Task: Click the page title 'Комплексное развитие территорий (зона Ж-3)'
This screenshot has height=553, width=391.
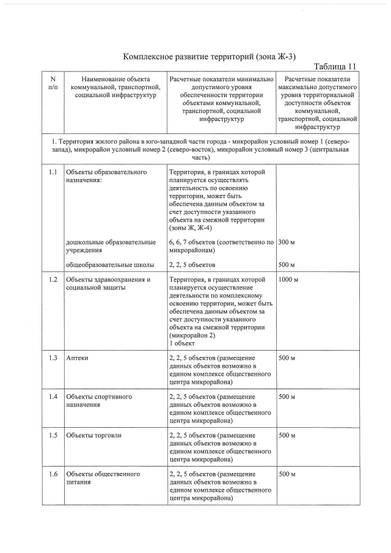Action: point(210,56)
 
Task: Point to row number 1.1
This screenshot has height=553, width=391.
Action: point(53,172)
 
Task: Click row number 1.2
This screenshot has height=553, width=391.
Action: point(53,280)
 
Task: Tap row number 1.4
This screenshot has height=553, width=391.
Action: point(53,397)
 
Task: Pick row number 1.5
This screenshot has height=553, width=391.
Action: point(53,435)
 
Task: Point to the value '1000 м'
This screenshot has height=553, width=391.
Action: point(288,280)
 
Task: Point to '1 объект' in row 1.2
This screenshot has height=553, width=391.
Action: point(182,343)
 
